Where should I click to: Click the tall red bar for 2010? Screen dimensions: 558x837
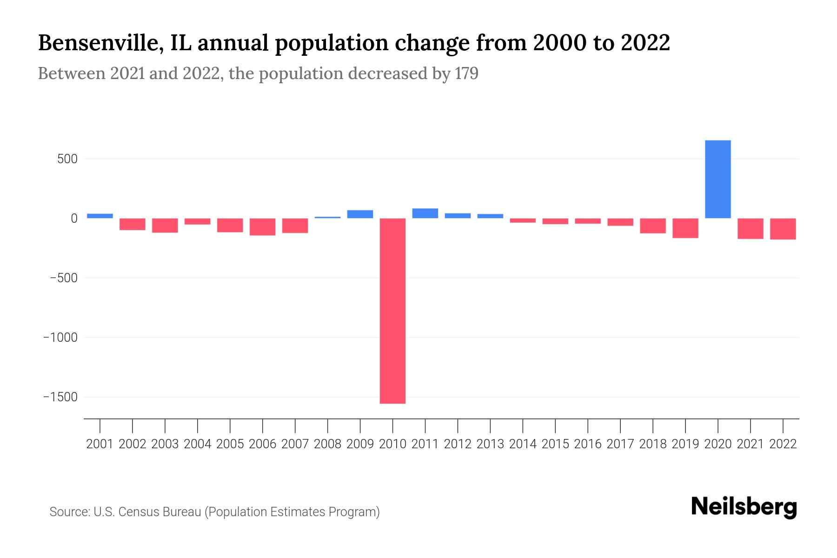392,311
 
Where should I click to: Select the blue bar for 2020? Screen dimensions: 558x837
717,179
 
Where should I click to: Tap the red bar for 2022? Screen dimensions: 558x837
783,229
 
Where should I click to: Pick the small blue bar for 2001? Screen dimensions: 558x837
100,216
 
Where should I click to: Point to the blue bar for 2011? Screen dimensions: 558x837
425,213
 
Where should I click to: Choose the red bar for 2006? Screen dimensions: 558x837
262,227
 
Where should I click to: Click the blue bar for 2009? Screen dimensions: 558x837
360,214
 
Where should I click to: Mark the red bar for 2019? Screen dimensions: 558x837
685,228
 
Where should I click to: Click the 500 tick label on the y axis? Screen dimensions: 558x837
67,159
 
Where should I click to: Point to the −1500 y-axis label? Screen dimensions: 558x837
60,397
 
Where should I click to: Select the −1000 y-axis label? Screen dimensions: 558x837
60,338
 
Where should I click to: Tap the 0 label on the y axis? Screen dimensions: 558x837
73,219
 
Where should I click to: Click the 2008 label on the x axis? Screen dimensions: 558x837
327,444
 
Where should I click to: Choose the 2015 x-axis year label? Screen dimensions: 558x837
555,444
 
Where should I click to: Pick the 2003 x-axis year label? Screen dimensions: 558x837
165,444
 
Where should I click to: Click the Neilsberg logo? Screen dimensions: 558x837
744,507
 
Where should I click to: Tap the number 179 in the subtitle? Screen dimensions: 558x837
466,73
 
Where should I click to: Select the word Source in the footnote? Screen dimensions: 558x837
69,512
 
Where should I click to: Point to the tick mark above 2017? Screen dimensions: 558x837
620,425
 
